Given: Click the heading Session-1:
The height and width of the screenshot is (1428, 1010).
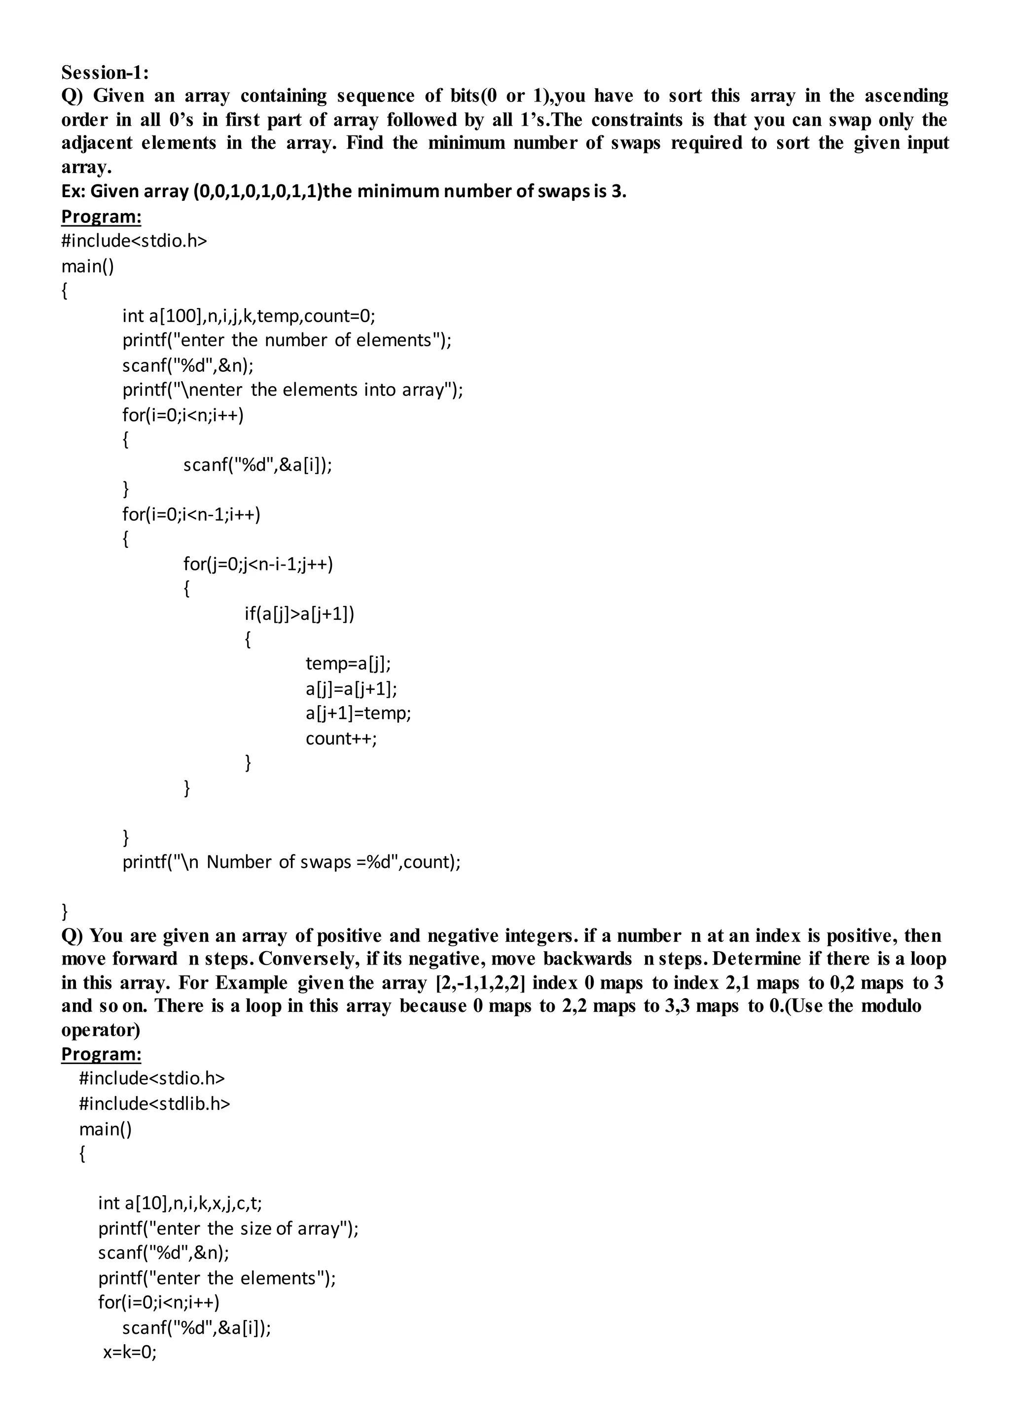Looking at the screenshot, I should pyautogui.click(x=105, y=73).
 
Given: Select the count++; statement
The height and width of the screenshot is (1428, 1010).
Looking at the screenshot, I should pyautogui.click(x=341, y=738).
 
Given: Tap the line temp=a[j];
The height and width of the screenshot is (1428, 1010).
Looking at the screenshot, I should pyautogui.click(x=348, y=664).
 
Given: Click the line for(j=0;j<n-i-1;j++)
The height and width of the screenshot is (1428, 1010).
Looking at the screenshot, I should pyautogui.click(x=257, y=564).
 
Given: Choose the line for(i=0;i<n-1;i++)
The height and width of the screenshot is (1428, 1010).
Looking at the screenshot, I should pyautogui.click(x=191, y=514).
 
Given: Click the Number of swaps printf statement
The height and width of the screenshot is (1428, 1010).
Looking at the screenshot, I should pyautogui.click(x=291, y=861).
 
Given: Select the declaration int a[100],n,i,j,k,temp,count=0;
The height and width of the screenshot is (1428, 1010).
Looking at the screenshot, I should pyautogui.click(x=248, y=316).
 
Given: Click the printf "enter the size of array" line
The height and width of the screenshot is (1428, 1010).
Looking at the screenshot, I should pyautogui.click(x=228, y=1228).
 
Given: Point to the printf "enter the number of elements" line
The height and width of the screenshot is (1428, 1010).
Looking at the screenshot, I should pyautogui.click(x=287, y=340).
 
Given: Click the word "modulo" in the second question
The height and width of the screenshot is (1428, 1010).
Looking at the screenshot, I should pyautogui.click(x=891, y=1006).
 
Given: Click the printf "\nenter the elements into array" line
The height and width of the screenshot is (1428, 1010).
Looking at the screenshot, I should pyautogui.click(x=292, y=390).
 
